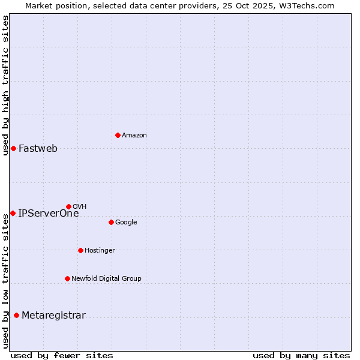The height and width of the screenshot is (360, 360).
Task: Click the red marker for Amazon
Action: coord(118,135)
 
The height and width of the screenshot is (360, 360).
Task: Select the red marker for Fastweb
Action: coord(13,148)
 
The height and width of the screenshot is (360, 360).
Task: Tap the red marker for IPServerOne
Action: coord(13,213)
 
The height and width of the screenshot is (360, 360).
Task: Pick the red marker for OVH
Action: coord(68,206)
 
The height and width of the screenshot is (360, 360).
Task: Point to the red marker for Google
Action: coord(111,222)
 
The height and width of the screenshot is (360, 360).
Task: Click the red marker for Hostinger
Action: coord(80,250)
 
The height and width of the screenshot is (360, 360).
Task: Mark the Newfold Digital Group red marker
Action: coord(67,278)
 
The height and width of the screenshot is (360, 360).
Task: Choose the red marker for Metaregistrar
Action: coord(16,316)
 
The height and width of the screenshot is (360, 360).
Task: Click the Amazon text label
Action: coord(134,136)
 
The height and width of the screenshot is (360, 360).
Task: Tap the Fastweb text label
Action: coord(38,149)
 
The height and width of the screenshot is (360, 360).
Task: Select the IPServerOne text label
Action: coord(49,213)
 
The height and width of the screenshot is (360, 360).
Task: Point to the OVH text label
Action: coord(80,207)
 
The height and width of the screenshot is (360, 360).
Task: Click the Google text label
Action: coord(126,223)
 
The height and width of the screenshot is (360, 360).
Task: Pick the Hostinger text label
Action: coord(100,251)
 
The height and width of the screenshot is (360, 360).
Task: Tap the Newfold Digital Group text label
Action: coord(106,279)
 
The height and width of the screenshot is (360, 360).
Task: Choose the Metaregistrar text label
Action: coord(53,316)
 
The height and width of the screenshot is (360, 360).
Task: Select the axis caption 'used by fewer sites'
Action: coord(62,355)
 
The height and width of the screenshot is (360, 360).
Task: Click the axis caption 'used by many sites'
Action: coord(301,355)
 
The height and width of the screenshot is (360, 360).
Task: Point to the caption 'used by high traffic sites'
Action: coord(6,86)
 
